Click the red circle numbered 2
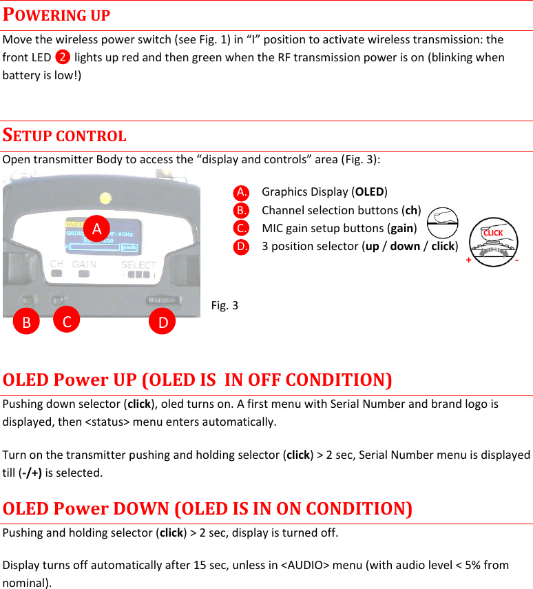pyautogui.click(x=63, y=57)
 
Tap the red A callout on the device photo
pyautogui.click(x=98, y=227)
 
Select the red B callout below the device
pyautogui.click(x=27, y=322)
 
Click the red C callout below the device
pyautogui.click(x=66, y=321)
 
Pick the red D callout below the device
pyautogui.click(x=163, y=322)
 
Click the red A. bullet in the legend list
pyautogui.click(x=241, y=192)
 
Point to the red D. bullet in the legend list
pyautogui.click(x=241, y=246)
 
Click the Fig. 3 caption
pyautogui.click(x=224, y=304)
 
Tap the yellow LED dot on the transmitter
pyautogui.click(x=105, y=199)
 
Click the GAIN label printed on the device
pyautogui.click(x=84, y=264)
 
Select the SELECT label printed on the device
pyautogui.click(x=138, y=265)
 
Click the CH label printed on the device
pyautogui.click(x=57, y=264)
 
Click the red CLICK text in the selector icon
pyautogui.click(x=493, y=233)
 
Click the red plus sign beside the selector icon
pyautogui.click(x=469, y=260)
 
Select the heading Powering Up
pyautogui.click(x=56, y=14)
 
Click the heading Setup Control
pyautogui.click(x=64, y=135)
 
